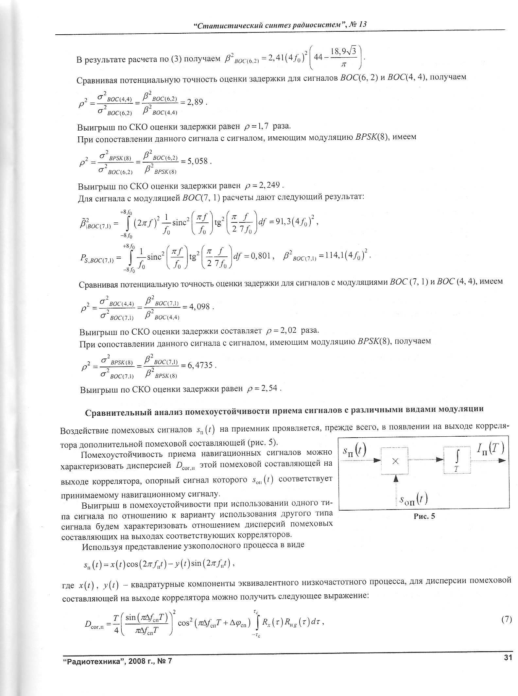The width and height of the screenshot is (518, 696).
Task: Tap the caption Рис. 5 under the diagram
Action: [424, 516]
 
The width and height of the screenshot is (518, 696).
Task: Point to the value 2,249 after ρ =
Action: [269, 185]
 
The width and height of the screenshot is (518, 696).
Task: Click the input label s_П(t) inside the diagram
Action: [354, 452]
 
